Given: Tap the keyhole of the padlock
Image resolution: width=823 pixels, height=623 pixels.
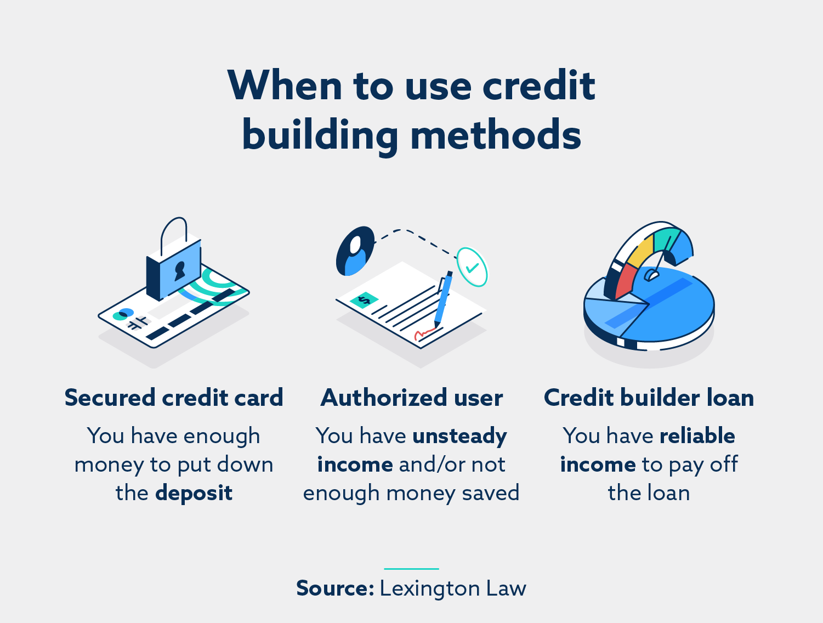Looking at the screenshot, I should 179,270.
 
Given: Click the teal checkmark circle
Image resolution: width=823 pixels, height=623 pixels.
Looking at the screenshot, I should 472,267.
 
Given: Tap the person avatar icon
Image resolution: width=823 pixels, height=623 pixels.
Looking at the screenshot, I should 355,251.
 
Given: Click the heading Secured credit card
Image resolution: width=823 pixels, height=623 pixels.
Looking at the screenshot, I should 174,398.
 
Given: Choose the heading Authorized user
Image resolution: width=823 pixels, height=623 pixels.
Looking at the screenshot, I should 412,398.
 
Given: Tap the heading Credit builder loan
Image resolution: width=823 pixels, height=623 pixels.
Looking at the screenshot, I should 649,398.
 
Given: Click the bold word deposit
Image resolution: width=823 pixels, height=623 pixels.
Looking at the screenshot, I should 194,493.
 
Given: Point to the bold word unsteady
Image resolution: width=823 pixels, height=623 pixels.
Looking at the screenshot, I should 459,436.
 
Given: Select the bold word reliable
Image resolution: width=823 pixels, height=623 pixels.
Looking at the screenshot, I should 697,436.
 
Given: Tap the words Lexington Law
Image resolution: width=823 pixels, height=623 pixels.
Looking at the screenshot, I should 453,588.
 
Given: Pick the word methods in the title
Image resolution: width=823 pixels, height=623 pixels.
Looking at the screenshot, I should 496,135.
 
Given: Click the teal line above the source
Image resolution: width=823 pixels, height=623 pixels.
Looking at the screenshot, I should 411,569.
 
